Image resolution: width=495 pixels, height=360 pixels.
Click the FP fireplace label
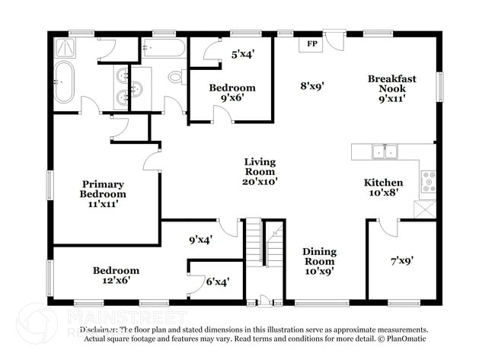311,44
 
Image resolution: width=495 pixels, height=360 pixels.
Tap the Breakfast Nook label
391,88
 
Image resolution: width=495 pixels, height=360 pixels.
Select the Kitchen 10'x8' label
383,188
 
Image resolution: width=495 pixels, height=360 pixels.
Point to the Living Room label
260,171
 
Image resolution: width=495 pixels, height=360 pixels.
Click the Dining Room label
319,261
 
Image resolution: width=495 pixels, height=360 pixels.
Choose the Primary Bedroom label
103,193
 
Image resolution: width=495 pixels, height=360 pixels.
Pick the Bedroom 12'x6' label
116,276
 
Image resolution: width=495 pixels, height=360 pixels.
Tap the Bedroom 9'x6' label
232,93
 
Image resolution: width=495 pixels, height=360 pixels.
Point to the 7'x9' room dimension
401,261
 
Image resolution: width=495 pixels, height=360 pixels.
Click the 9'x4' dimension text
200,240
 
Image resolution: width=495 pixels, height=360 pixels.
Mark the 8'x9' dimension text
313,86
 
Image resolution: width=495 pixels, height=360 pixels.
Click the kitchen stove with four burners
429,180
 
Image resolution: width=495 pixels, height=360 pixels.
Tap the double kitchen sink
384,151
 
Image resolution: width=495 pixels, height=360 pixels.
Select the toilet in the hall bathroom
176,77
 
